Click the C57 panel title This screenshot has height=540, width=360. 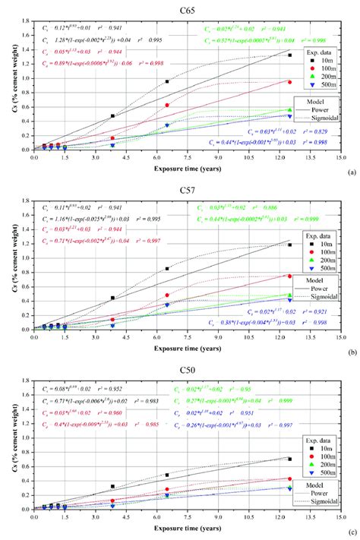coord(185,187)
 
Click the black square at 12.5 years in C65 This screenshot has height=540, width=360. coord(289,55)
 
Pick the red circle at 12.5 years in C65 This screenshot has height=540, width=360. coord(289,81)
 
